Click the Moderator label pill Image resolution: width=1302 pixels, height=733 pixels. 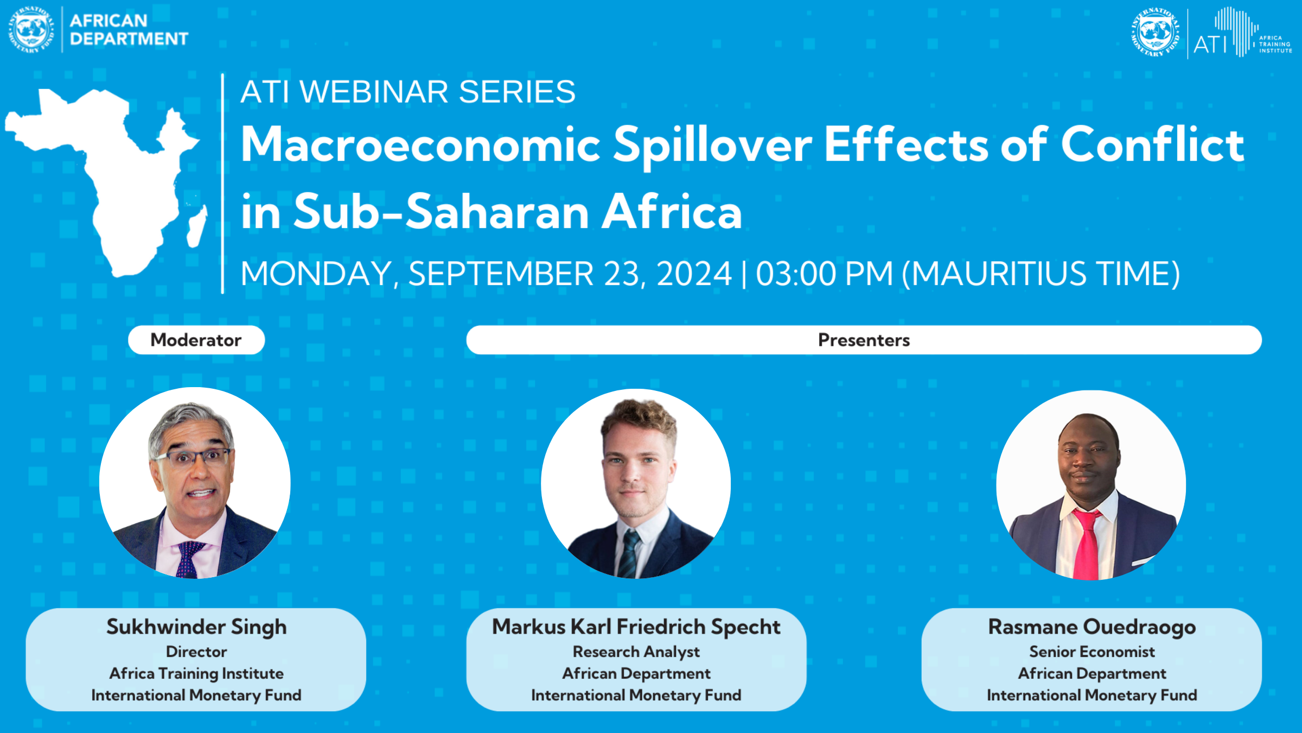(x=196, y=340)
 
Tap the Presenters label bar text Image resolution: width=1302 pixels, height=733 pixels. (x=864, y=340)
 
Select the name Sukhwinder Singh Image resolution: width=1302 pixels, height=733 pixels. (x=196, y=627)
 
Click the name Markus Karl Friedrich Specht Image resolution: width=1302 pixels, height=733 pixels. (x=636, y=627)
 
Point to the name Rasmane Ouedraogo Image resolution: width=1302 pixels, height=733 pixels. (x=1092, y=627)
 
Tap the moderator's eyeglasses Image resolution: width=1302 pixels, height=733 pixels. (x=194, y=457)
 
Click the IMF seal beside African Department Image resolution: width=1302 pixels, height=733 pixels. (x=31, y=30)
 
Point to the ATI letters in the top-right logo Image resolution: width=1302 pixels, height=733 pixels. (x=1210, y=45)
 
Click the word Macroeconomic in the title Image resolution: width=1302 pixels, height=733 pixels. (x=421, y=144)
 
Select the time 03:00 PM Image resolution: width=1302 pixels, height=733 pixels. (x=824, y=274)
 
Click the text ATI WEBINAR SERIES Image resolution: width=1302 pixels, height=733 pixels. (x=408, y=91)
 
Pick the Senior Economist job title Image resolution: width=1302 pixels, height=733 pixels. (x=1092, y=652)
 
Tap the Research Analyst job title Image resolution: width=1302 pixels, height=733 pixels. (x=636, y=652)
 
